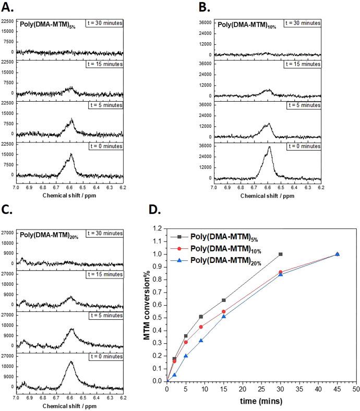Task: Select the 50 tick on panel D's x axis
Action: pos(356,389)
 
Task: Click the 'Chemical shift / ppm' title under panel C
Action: pos(69,405)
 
